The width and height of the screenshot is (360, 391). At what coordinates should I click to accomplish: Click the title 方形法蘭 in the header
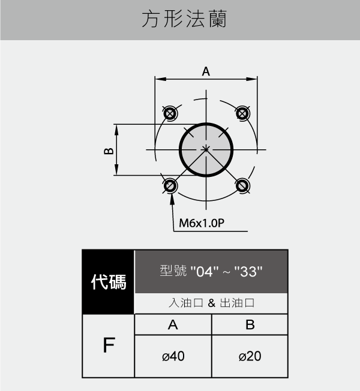click(184, 19)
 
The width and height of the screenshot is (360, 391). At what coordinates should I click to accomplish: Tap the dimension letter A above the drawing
click(206, 71)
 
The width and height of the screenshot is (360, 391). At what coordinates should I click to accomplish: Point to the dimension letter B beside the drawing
click(109, 151)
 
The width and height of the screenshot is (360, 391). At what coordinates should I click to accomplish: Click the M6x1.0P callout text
click(202, 223)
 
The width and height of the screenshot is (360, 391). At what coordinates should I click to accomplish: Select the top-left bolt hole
click(170, 113)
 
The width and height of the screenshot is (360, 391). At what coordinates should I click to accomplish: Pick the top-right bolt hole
click(242, 113)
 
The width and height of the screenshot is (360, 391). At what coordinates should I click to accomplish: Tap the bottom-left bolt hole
click(170, 186)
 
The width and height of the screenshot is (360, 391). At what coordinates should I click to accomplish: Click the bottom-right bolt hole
click(242, 186)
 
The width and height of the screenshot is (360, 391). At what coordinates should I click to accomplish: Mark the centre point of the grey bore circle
click(206, 149)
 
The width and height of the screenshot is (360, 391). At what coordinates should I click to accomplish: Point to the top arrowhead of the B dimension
click(116, 130)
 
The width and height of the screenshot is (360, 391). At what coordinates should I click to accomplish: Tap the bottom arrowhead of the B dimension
click(116, 170)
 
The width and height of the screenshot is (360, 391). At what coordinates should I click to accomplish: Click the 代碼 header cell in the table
click(108, 282)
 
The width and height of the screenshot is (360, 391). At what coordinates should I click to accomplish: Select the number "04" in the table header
click(204, 271)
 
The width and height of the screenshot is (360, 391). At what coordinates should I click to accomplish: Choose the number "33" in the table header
click(248, 271)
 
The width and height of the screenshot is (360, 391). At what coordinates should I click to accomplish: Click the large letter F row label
click(109, 345)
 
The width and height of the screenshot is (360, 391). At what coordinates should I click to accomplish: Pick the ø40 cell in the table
click(173, 356)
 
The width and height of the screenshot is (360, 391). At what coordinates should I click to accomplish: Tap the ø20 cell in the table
click(250, 356)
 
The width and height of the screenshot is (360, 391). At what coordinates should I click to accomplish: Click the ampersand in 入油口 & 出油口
click(211, 303)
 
